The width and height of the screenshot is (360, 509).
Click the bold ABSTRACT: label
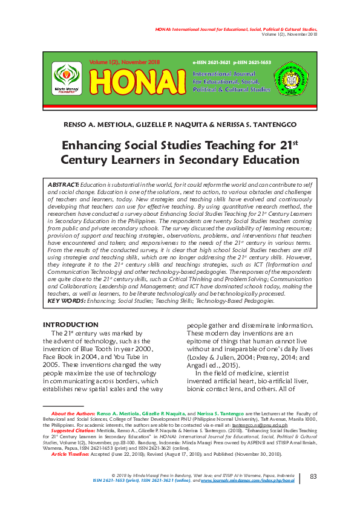point(63,184)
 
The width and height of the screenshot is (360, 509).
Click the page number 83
point(313,477)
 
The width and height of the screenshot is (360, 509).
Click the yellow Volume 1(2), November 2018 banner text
point(124,62)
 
